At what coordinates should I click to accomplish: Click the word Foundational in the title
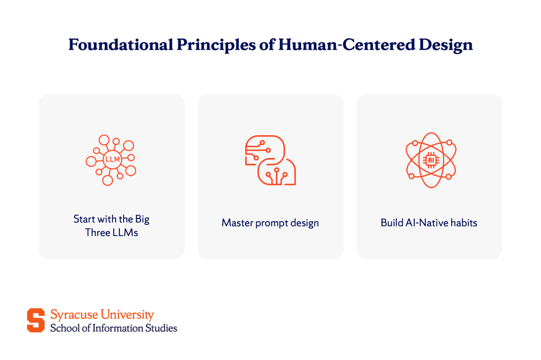pos(121,45)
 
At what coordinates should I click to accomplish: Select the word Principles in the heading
pos(216,45)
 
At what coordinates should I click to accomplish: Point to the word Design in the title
pos(445,45)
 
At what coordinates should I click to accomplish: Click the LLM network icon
pos(111,159)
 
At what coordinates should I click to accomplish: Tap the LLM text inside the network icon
pos(113,159)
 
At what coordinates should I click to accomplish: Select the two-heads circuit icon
pos(270,160)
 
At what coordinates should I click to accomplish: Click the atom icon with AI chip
pos(431,160)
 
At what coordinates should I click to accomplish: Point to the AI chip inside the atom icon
pos(431,160)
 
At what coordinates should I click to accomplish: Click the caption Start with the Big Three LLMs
pos(111,226)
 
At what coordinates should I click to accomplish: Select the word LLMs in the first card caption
pos(125,233)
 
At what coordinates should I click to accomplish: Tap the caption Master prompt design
pos(270,223)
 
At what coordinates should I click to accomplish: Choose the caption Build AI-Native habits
pos(429,223)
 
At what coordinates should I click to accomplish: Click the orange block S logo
pos(36,320)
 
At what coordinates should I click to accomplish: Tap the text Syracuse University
pos(102,315)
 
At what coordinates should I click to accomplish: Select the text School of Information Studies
pos(114,328)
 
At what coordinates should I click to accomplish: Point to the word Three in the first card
pos(98,233)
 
